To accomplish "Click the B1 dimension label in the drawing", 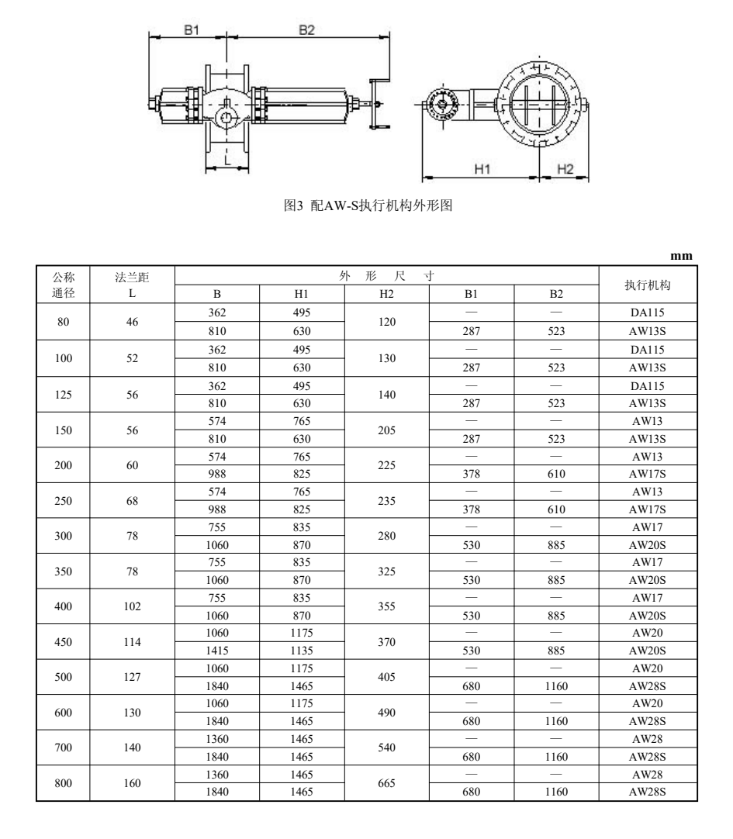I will coord(192,29).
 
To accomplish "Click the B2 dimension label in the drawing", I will coord(306,29).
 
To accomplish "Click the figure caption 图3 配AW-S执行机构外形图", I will coord(375,207).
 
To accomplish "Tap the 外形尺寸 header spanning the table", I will coord(387,275).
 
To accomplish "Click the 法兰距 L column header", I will coord(133,285).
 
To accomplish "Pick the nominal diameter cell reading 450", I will coord(63,643).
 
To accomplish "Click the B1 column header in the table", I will coord(472,294).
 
